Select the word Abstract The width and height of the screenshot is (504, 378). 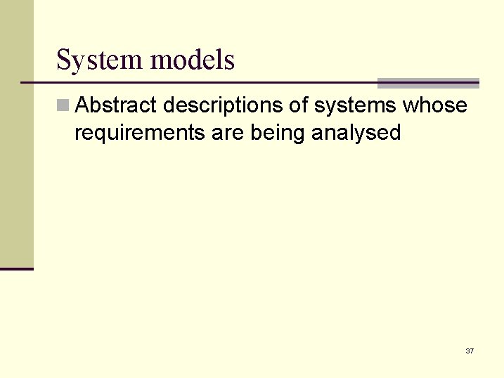[x=116, y=105]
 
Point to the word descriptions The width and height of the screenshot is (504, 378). [x=235, y=105]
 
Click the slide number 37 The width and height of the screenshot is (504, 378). [x=470, y=351]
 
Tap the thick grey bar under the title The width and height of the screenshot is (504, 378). [x=428, y=83]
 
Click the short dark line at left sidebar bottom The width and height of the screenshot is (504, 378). [x=17, y=268]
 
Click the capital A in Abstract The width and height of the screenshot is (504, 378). [x=82, y=105]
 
